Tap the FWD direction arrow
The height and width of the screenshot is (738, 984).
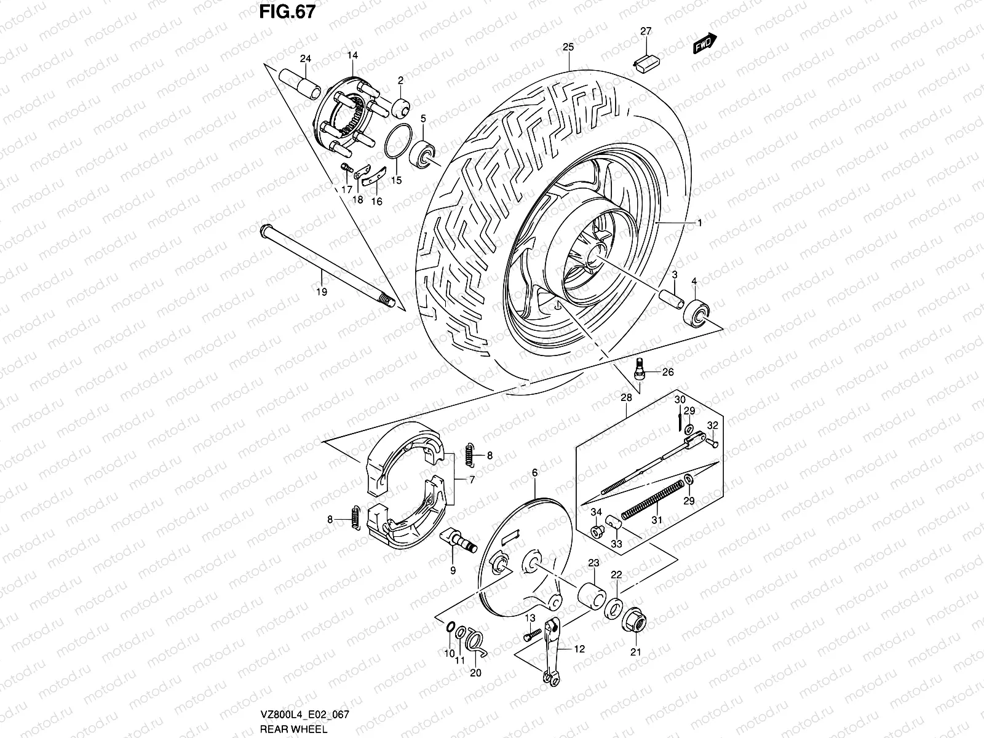point(705,44)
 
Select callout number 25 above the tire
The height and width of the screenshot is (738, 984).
point(568,47)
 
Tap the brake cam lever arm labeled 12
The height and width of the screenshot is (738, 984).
point(552,652)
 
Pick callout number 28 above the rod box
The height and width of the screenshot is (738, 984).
point(626,398)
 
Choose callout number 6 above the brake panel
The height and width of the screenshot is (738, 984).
point(534,472)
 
